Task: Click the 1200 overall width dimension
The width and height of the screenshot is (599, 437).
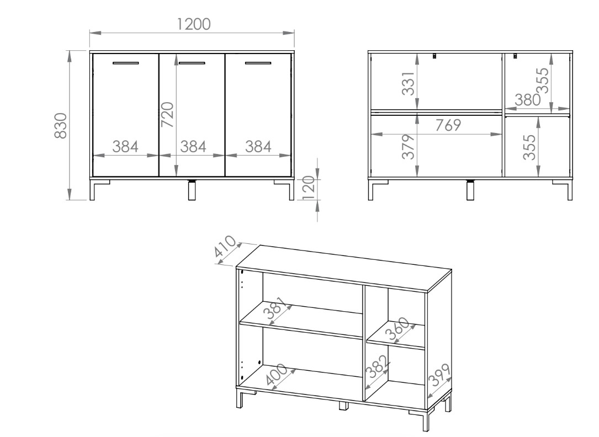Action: click(193, 24)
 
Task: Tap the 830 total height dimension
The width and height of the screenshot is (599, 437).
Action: click(61, 125)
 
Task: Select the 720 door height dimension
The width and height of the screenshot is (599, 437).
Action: click(167, 115)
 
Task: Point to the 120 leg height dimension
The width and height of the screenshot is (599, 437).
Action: click(309, 187)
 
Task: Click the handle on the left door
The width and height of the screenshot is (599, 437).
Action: click(126, 62)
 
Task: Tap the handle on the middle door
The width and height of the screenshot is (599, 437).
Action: click(192, 62)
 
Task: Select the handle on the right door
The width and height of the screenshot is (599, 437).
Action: click(258, 62)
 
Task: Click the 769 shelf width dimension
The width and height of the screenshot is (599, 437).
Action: click(448, 125)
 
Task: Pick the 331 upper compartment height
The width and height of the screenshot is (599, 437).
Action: click(408, 83)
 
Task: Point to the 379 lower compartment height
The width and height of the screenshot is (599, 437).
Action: click(408, 147)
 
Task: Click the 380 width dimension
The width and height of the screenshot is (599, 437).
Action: click(528, 100)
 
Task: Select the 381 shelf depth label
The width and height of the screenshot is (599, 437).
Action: click(275, 308)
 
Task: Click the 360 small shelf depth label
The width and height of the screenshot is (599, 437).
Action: click(397, 329)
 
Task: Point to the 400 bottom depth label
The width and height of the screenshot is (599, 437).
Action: click(276, 375)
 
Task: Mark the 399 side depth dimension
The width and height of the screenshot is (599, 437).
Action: click(439, 375)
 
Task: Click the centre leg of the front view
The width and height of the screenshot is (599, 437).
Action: click(192, 190)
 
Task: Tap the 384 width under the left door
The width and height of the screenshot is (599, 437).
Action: click(125, 147)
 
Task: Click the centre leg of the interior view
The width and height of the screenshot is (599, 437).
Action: click(470, 190)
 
